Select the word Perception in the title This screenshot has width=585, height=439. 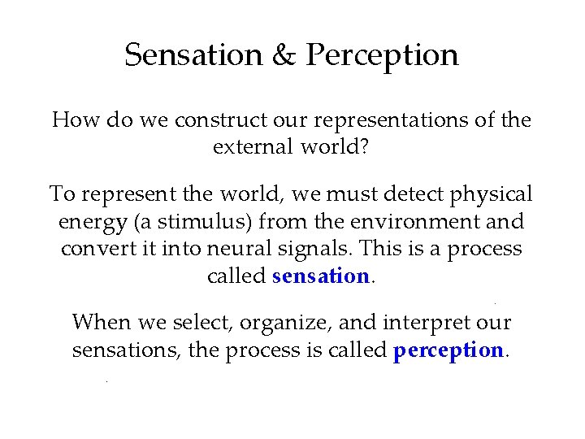click(x=382, y=55)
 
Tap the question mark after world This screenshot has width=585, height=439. click(x=366, y=147)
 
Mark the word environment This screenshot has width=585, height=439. click(x=417, y=221)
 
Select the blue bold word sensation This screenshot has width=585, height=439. click(x=321, y=276)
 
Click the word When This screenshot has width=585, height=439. click(x=102, y=322)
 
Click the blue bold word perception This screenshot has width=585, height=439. click(x=448, y=350)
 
